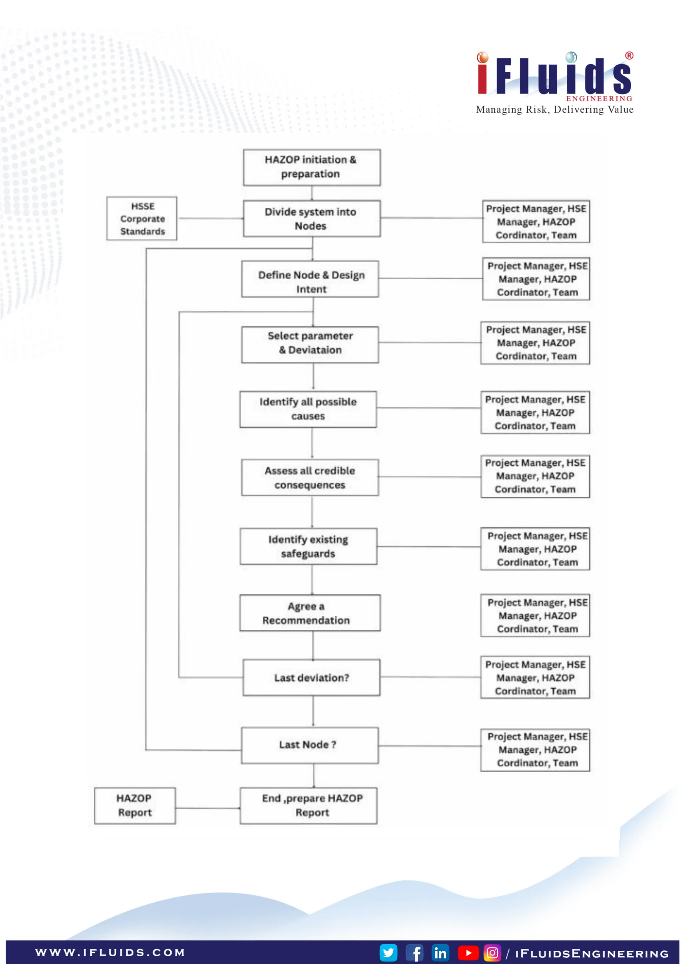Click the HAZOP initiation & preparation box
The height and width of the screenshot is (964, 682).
point(312,167)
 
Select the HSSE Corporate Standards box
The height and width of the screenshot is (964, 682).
point(142,218)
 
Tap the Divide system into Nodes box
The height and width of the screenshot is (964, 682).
point(312,218)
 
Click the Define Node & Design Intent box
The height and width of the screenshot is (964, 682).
point(310,279)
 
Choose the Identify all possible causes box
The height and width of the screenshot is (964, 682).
point(308,409)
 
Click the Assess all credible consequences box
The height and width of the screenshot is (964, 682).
point(310,477)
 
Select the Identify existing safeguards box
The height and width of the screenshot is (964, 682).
point(308,546)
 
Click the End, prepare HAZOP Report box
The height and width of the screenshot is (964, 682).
point(308,805)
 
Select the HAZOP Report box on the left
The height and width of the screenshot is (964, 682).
point(135,805)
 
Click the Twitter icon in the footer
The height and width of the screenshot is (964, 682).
point(388,952)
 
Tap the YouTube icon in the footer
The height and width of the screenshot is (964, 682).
point(468,953)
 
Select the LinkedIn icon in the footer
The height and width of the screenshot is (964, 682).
point(440,953)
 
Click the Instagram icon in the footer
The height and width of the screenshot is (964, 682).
point(492,952)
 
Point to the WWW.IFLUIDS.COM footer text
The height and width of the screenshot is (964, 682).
point(110,952)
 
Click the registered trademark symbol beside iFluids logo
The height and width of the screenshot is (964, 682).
point(629,55)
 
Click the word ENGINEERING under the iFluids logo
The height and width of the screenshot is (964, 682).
point(599,99)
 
